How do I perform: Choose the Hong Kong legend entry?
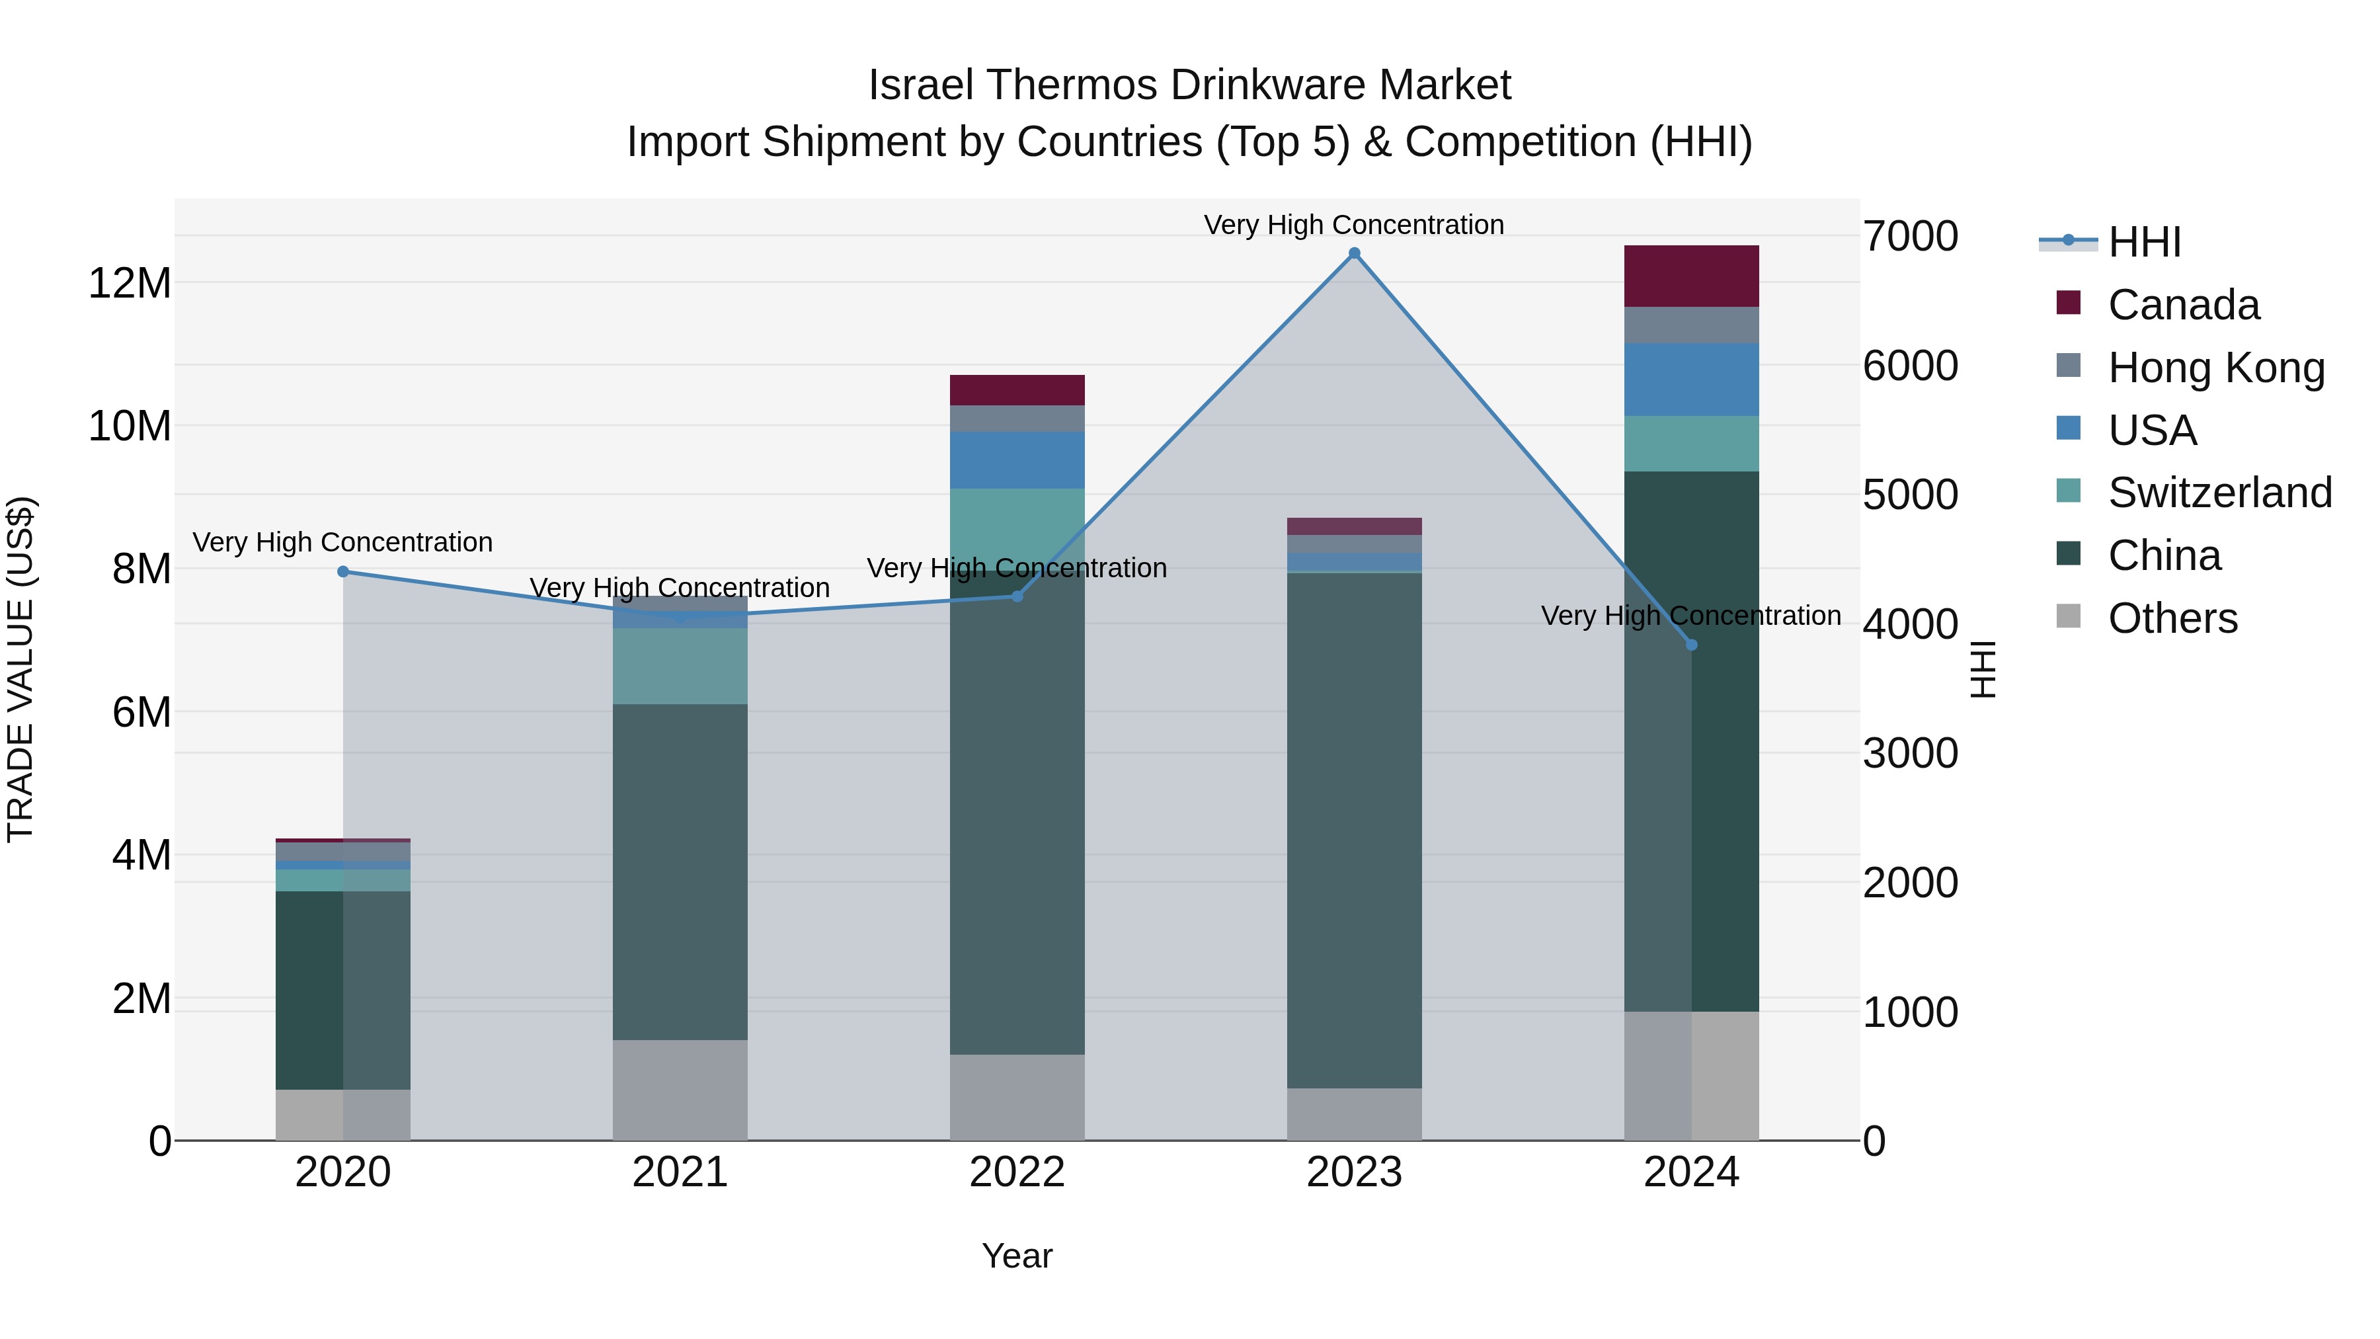pos(2215,368)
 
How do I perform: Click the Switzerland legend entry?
pos(2219,493)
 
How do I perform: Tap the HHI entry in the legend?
pos(2143,242)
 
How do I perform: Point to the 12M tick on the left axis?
pos(130,283)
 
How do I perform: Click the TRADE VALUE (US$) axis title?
pos(20,669)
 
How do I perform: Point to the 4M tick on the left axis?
pos(140,856)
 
